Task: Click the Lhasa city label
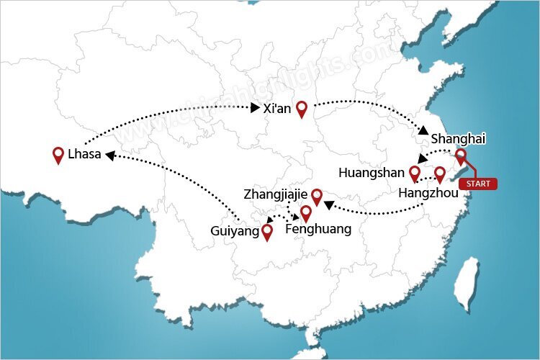(84, 154)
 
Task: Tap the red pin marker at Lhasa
(59, 154)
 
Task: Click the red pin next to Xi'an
(302, 109)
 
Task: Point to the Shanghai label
(458, 138)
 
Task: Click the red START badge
(480, 184)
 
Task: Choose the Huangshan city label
(372, 174)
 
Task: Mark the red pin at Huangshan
(414, 173)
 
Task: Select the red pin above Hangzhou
(440, 174)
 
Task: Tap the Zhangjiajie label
(276, 194)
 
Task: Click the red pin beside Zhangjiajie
(316, 196)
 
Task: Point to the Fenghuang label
(318, 230)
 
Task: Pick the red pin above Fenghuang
(305, 213)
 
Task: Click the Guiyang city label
(235, 232)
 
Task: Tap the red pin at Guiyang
(267, 232)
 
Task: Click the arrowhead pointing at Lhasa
(108, 154)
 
